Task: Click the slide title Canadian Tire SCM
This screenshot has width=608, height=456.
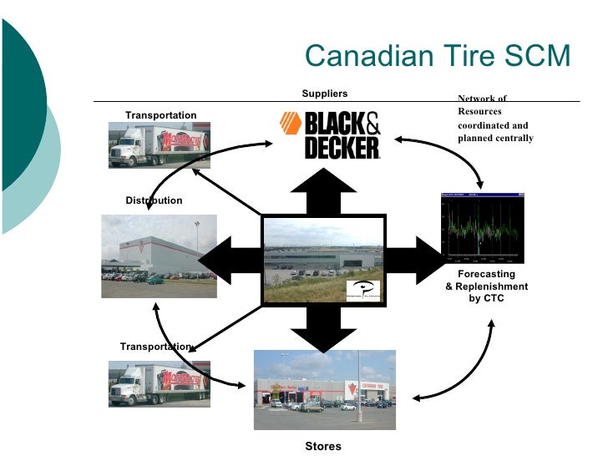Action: click(438, 56)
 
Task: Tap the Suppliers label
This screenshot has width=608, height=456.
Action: click(324, 94)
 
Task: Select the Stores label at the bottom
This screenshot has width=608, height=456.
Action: click(322, 446)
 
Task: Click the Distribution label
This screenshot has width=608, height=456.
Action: click(154, 200)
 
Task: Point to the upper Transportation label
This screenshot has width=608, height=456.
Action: click(160, 115)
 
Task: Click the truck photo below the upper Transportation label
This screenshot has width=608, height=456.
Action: click(159, 144)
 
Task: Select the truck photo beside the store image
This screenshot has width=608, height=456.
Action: click(159, 383)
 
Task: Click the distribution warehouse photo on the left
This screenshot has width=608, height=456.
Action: click(159, 256)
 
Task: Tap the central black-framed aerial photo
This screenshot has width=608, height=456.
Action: click(324, 259)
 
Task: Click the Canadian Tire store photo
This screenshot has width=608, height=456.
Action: click(324, 389)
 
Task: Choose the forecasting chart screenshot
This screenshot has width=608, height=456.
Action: click(484, 226)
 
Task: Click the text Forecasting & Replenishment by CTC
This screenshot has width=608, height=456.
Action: click(486, 286)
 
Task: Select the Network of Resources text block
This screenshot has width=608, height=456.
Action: click(494, 119)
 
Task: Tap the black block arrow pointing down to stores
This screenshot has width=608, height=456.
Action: click(323, 327)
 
